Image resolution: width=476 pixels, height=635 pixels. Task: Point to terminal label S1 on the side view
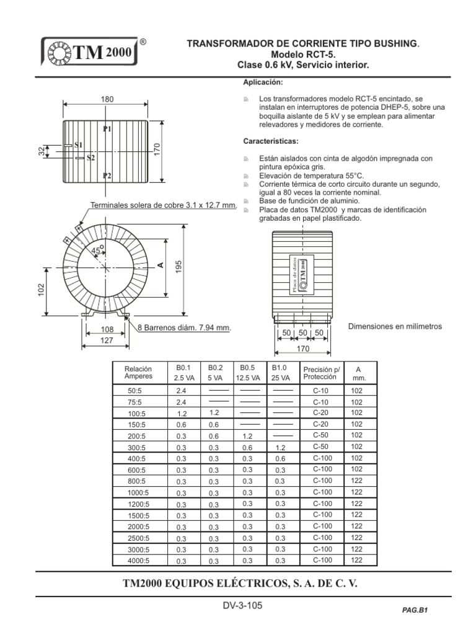click(78, 144)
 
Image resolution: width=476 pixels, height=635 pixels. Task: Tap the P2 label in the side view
click(107, 176)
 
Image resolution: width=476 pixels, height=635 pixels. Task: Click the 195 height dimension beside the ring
click(178, 267)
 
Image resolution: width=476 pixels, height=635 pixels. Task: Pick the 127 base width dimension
click(107, 340)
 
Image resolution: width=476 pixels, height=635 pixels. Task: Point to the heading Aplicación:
click(263, 82)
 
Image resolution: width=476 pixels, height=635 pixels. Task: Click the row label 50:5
click(135, 391)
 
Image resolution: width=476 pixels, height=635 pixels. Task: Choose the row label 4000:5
click(138, 561)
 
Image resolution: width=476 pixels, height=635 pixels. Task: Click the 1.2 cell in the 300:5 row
click(280, 448)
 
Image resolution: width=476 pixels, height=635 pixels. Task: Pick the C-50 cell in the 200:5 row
click(321, 436)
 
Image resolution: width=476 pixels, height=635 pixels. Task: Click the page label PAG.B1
click(415, 610)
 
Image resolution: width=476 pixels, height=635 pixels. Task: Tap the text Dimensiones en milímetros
click(395, 327)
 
